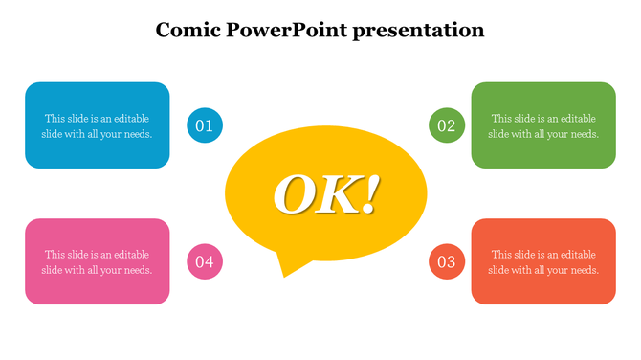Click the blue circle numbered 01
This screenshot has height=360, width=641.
pos(204,125)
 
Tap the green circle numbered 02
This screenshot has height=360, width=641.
pos(447,125)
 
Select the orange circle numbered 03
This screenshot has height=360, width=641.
pos(447,261)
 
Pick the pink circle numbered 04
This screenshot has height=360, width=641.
pos(204,261)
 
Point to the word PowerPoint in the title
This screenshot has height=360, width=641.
pos(285,30)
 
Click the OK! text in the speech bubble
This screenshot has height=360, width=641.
pos(326,194)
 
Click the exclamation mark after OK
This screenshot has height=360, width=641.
pos(370,194)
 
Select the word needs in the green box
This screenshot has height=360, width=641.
pos(582,134)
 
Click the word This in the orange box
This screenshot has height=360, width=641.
pos(502,255)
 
